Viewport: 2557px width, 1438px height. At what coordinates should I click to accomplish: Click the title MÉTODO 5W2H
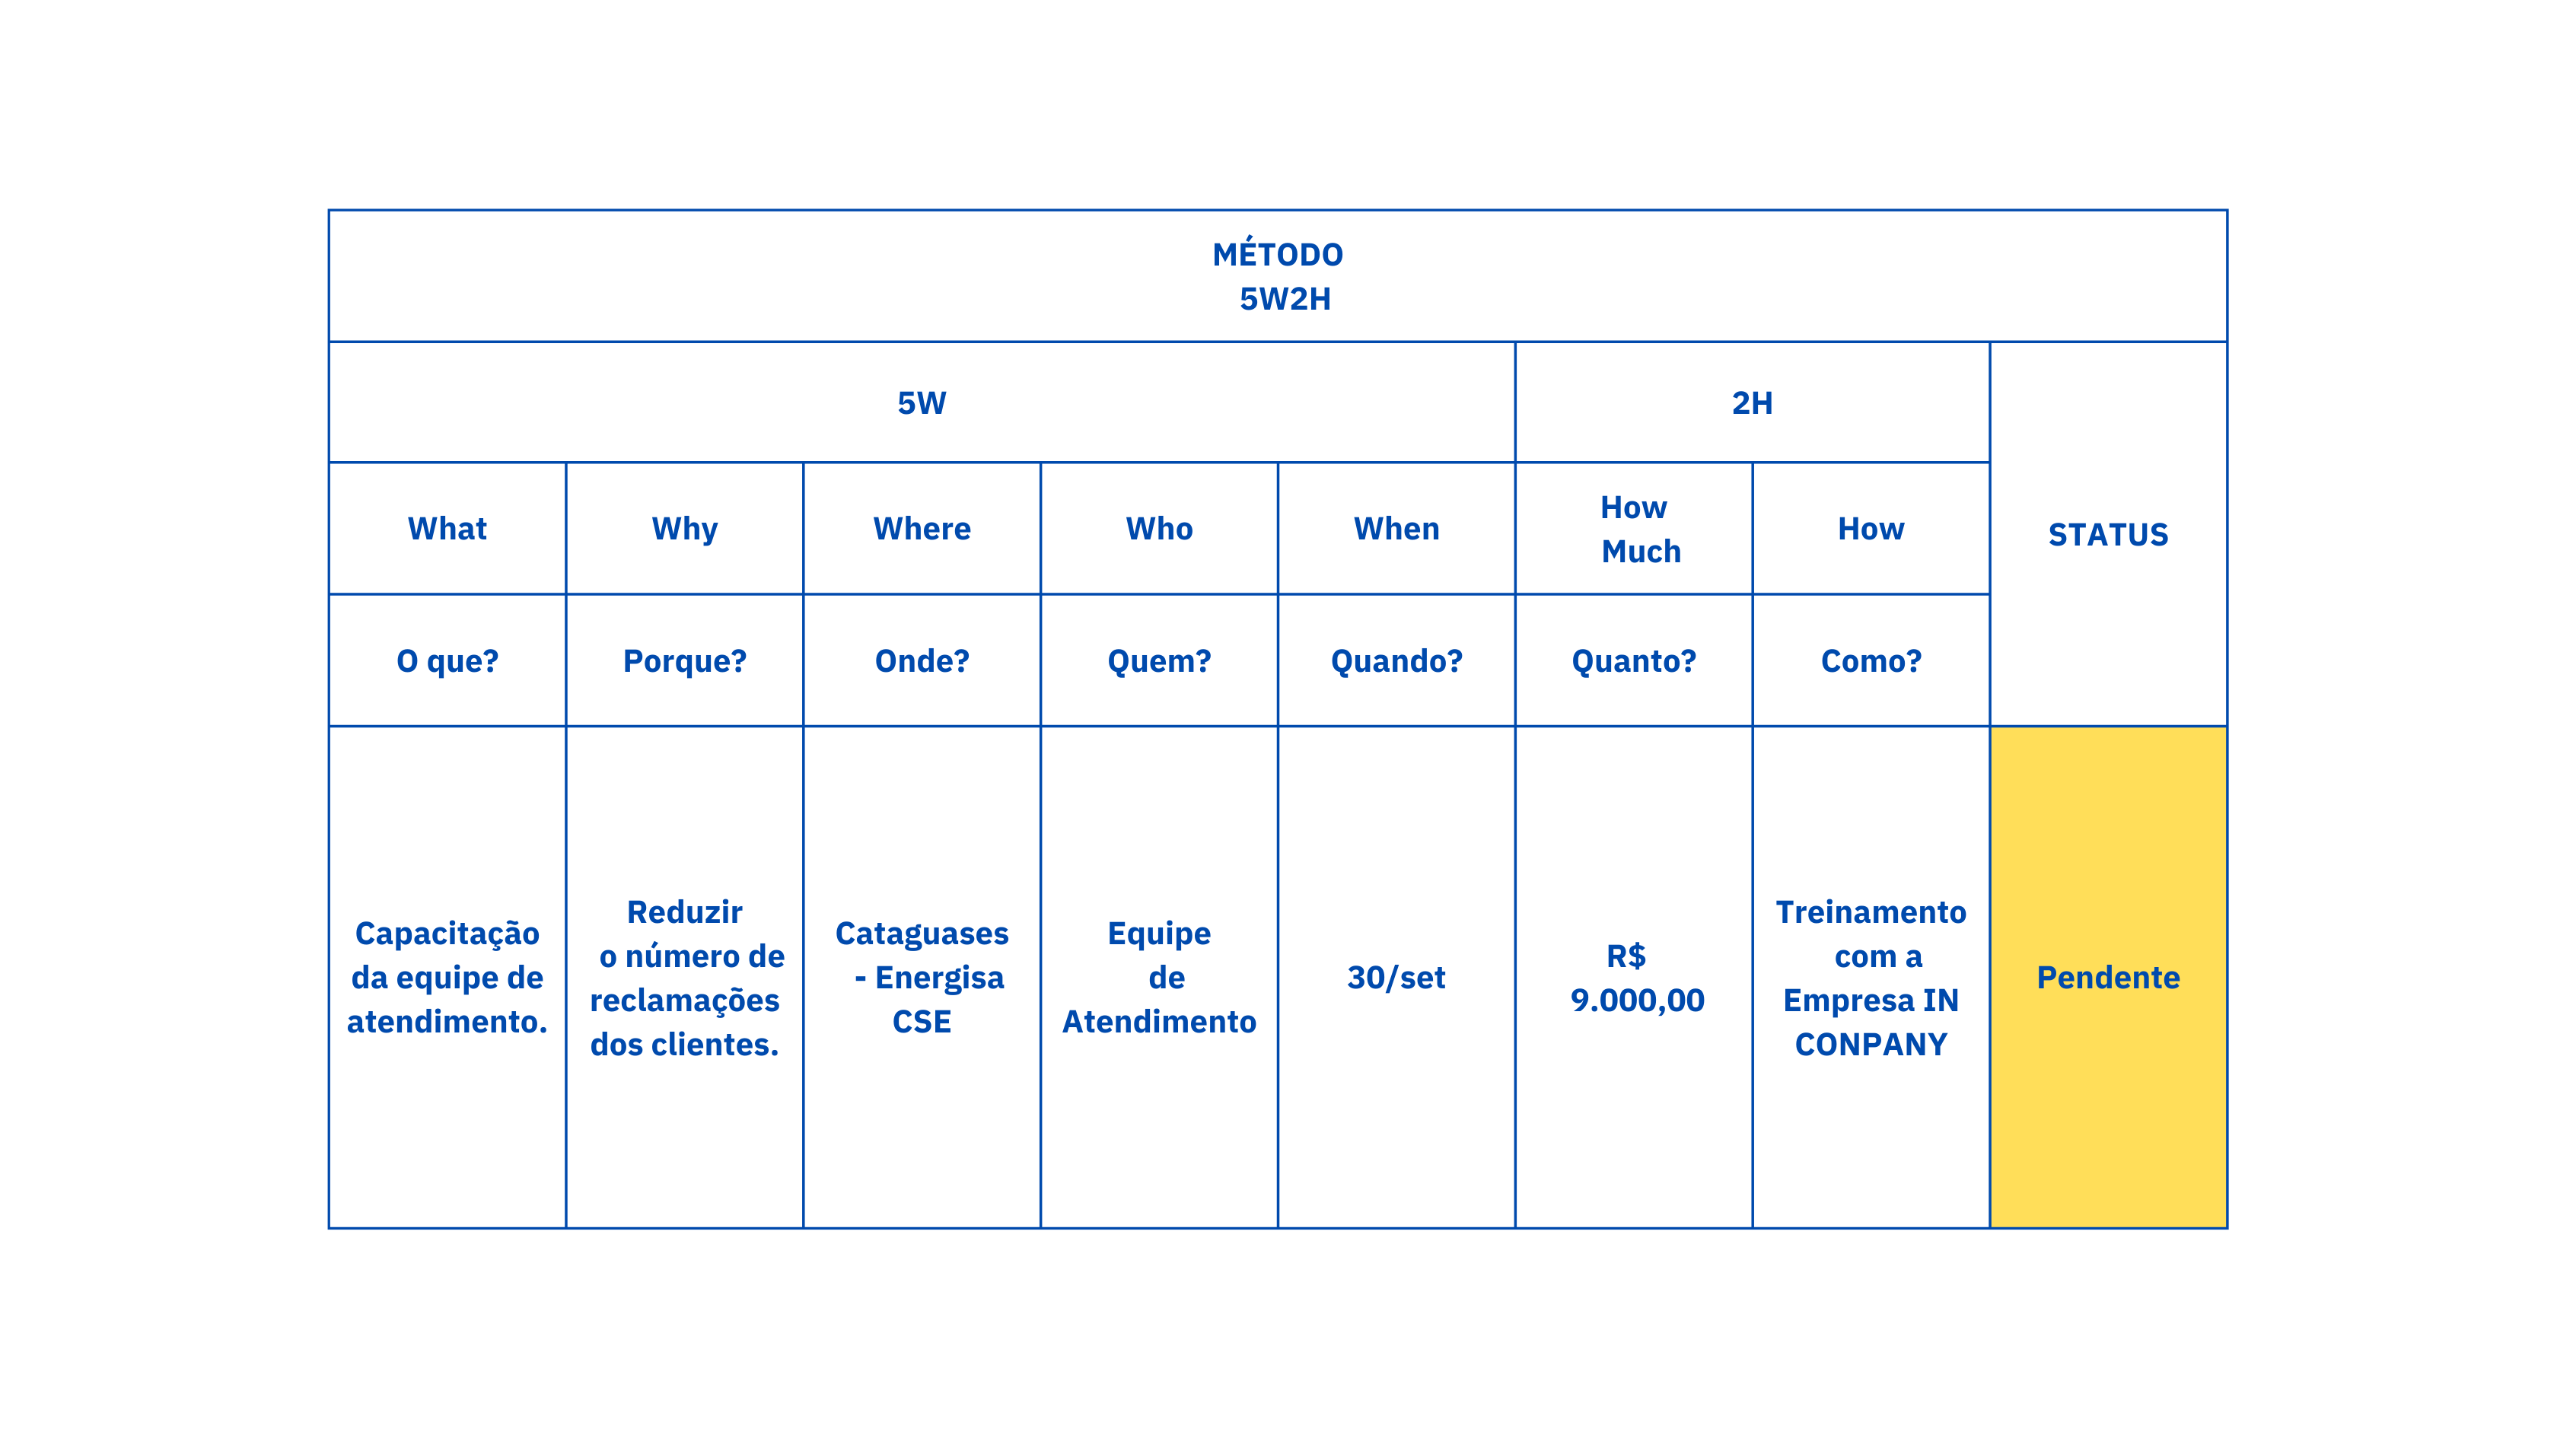click(x=1278, y=277)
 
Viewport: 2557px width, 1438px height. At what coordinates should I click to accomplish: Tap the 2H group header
click(x=1752, y=403)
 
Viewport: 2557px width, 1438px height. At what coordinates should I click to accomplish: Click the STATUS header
click(x=2108, y=535)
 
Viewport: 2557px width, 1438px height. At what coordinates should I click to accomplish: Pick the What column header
click(x=447, y=529)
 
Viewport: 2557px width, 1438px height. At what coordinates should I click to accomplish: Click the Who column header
click(x=1159, y=529)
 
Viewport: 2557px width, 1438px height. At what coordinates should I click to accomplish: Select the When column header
click(x=1396, y=529)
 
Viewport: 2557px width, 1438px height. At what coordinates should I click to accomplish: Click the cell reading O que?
click(x=447, y=661)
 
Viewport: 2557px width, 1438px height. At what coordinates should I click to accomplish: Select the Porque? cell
click(x=684, y=661)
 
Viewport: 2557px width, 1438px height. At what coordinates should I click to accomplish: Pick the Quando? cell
click(x=1396, y=661)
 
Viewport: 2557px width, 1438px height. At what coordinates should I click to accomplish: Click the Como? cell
click(x=1871, y=661)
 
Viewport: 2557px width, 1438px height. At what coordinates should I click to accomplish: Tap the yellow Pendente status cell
click(x=2108, y=978)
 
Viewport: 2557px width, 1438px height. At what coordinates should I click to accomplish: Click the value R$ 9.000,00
click(x=1636, y=978)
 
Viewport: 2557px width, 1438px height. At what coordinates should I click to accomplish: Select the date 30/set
click(x=1396, y=978)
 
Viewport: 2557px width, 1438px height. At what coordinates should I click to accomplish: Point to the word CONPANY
click(x=1871, y=1044)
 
